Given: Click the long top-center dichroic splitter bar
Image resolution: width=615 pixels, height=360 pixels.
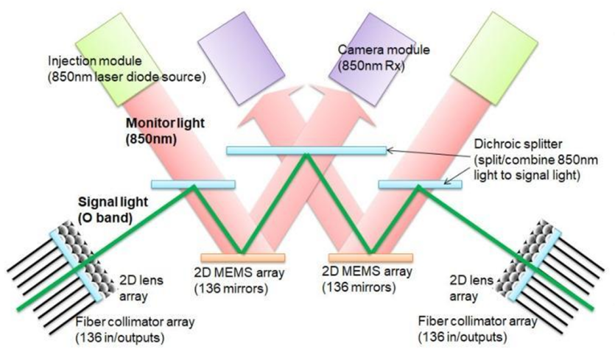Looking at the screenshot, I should point(306,150).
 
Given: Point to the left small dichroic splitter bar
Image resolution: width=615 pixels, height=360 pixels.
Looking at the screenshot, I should point(193,183).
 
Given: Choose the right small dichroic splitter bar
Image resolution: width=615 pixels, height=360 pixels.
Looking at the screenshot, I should point(420,183).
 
